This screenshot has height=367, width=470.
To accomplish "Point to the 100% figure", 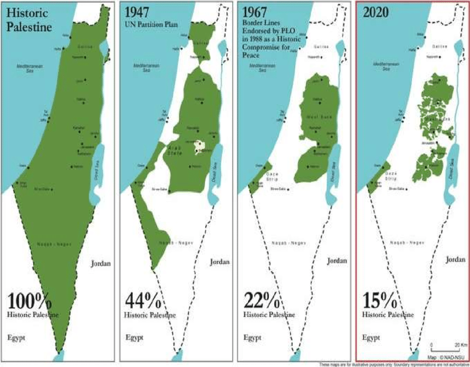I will [30, 302].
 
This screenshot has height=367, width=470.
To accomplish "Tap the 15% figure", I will [379, 302].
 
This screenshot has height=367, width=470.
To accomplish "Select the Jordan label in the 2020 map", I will [455, 259].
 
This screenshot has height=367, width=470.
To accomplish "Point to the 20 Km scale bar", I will [444, 351].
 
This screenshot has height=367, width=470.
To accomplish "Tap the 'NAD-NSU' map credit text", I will [447, 358].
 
